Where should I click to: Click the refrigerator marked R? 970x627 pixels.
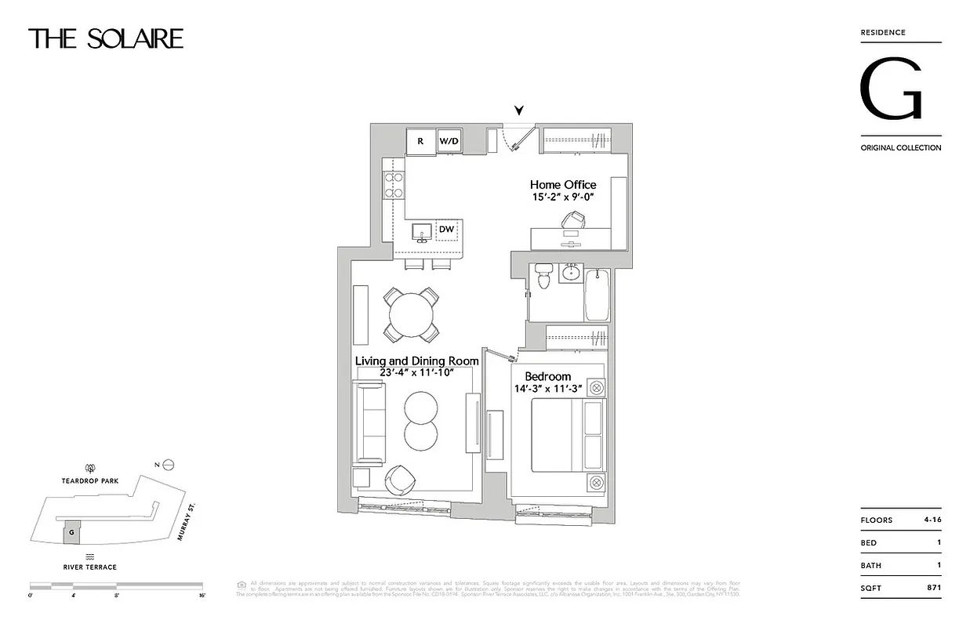[x=420, y=142]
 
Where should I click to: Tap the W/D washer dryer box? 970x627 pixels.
[x=449, y=142]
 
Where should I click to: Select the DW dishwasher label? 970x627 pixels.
[x=446, y=229]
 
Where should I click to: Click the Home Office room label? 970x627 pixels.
[x=562, y=185]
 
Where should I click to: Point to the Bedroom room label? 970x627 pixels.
[x=547, y=376]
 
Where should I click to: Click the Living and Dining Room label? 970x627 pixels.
[x=416, y=361]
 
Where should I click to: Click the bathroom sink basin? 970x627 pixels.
[x=571, y=274]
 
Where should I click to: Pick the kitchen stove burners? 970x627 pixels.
[x=393, y=185]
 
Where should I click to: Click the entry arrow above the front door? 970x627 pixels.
[x=518, y=111]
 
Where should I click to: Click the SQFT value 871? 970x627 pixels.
[x=932, y=587]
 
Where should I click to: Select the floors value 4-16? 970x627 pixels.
[x=928, y=520]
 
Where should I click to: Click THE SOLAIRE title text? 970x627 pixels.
[x=106, y=38]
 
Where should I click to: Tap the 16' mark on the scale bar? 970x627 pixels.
[x=202, y=596]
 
